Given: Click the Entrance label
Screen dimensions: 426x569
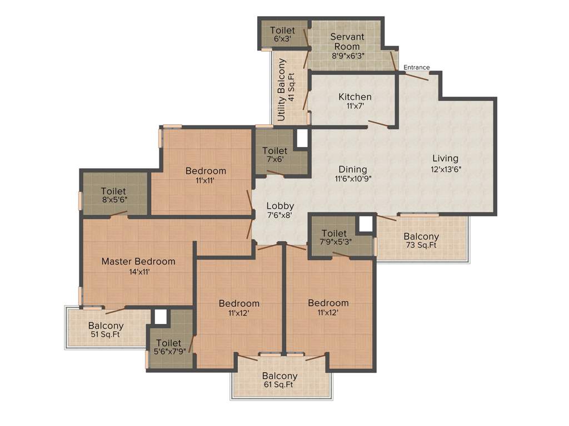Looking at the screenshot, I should (416, 67).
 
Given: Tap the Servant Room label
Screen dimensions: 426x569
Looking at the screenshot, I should (348, 42).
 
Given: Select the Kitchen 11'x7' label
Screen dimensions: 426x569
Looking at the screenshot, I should (355, 101).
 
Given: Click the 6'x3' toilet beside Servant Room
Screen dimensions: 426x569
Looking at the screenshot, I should (282, 34).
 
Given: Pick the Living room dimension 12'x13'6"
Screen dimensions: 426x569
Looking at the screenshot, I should (446, 170).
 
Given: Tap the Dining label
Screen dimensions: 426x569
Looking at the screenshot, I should (353, 169).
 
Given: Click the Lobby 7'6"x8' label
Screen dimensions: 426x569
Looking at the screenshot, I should (279, 210).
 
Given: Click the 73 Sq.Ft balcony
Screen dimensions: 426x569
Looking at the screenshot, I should (421, 240).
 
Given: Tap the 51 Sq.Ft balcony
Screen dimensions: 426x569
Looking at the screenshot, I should (106, 330).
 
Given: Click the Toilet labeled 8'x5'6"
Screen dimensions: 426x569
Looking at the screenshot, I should (113, 196).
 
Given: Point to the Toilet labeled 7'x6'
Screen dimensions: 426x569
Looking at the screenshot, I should (274, 155).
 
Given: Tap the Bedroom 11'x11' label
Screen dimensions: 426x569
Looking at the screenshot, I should (206, 175).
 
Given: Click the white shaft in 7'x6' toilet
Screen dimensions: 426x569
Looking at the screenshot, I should (302, 138).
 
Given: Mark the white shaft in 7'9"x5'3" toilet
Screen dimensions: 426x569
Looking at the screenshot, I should (365, 224).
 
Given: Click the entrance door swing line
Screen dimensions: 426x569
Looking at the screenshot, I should (414, 76).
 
